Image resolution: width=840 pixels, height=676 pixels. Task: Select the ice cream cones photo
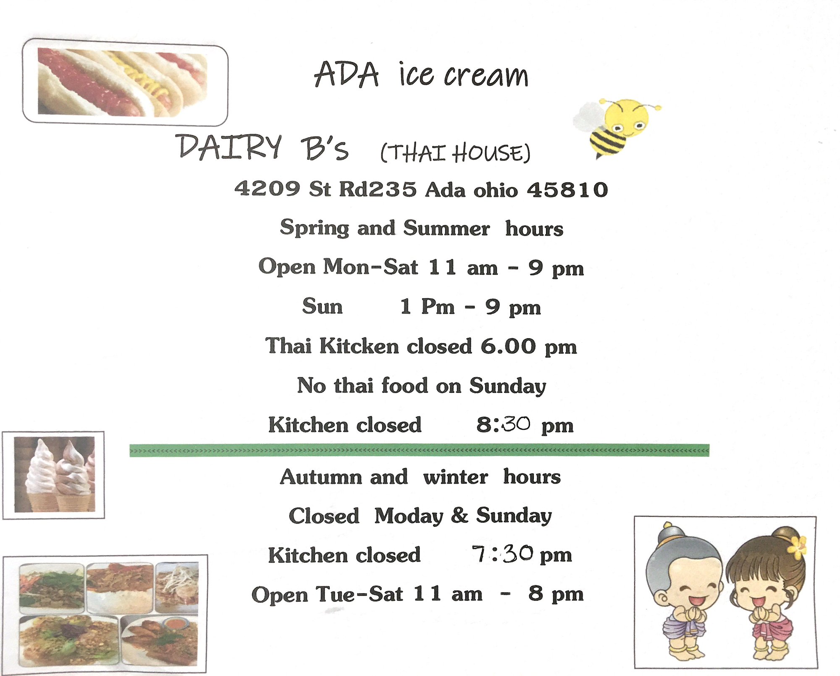[55, 474]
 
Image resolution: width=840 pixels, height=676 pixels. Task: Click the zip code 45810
[567, 189]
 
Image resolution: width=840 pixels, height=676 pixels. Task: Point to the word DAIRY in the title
[228, 147]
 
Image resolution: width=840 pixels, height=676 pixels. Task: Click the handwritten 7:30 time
[502, 554]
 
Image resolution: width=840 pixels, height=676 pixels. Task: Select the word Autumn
[321, 477]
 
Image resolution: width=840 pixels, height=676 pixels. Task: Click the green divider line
[419, 450]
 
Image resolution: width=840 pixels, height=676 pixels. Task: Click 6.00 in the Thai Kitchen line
[508, 346]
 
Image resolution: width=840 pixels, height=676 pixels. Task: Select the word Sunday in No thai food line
[508, 386]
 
